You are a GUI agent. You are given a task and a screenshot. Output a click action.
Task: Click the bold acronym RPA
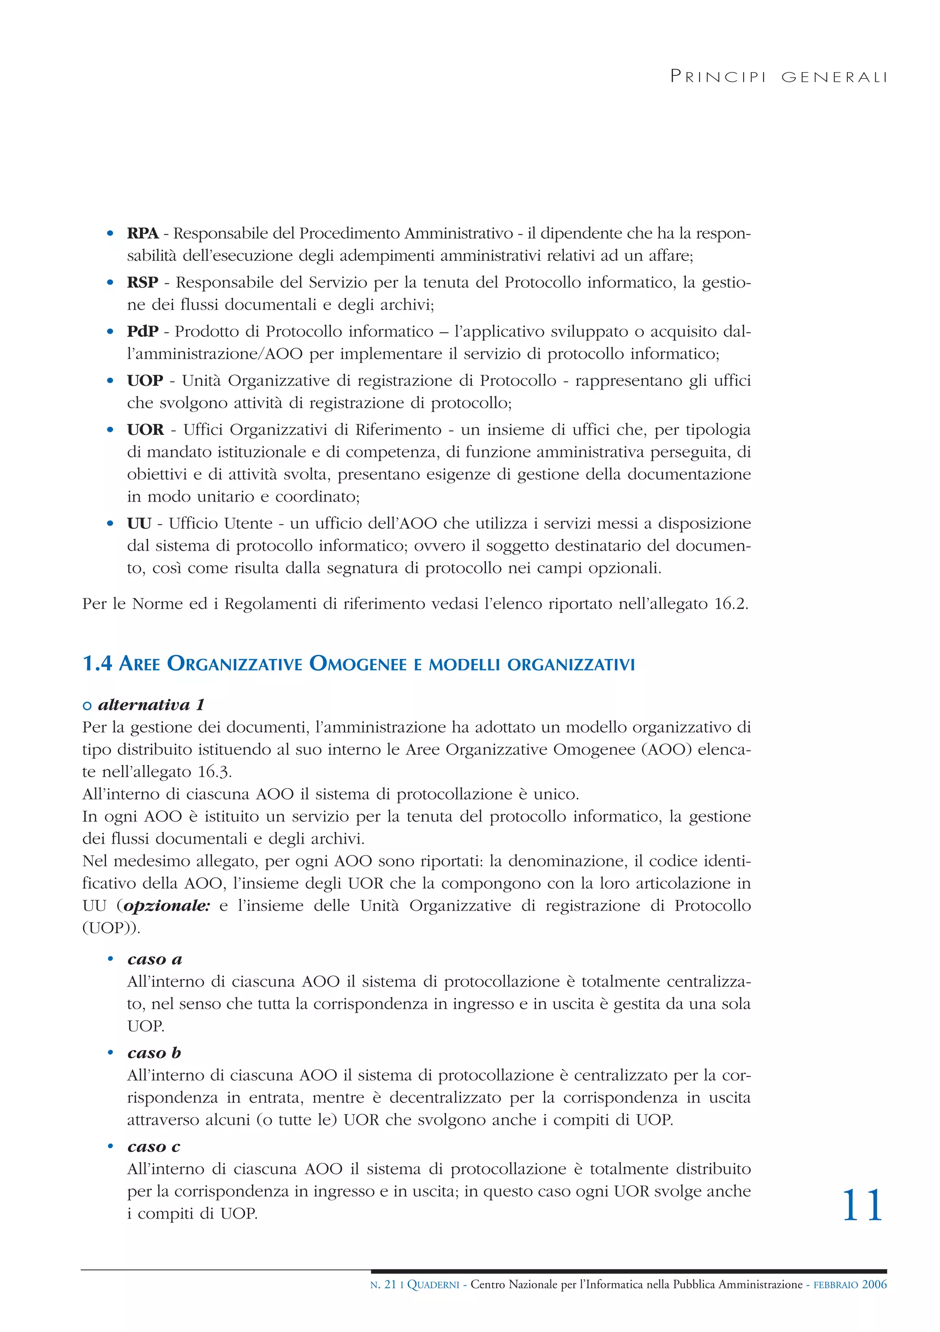143,233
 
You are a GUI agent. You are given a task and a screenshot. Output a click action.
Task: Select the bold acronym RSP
143,282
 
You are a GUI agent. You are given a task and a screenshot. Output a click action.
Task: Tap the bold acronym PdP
143,331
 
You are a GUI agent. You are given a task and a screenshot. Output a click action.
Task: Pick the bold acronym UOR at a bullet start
145,430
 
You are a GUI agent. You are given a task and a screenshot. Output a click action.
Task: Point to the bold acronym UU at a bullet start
139,523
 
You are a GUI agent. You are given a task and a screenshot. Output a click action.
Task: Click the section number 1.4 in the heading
97,664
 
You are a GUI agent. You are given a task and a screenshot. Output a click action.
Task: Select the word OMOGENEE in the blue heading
358,664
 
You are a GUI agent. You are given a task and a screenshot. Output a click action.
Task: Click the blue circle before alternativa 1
88,706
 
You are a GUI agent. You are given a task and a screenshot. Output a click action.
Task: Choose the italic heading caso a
155,959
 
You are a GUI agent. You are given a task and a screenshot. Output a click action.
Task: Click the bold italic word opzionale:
167,906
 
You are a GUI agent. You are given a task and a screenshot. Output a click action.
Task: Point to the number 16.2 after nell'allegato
731,604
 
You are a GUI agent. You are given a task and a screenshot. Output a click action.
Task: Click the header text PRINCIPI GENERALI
778,77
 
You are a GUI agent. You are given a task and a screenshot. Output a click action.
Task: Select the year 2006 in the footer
874,1284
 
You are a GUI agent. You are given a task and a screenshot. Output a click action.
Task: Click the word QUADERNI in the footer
434,1284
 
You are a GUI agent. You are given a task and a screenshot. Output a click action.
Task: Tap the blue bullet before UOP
110,381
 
